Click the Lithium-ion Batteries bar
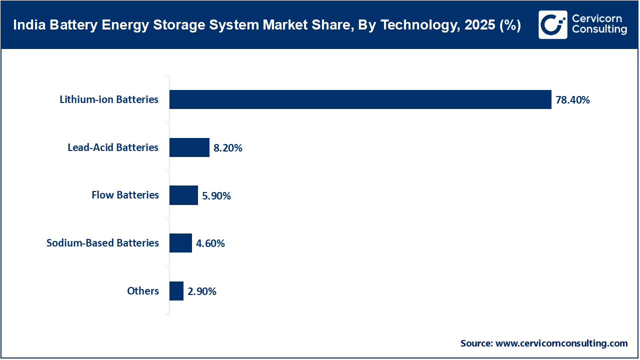point(360,99)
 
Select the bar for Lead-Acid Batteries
point(189,147)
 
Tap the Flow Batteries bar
point(183,195)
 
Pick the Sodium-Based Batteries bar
point(180,243)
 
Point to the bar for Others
point(176,291)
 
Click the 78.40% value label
point(572,100)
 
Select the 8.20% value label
point(228,148)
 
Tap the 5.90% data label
point(216,196)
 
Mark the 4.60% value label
point(210,243)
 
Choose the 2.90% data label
point(202,291)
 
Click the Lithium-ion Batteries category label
point(109,99)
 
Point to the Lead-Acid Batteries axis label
point(113,147)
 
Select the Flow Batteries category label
point(125,195)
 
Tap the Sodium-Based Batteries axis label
point(102,243)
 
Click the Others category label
point(143,291)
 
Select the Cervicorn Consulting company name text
point(599,24)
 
